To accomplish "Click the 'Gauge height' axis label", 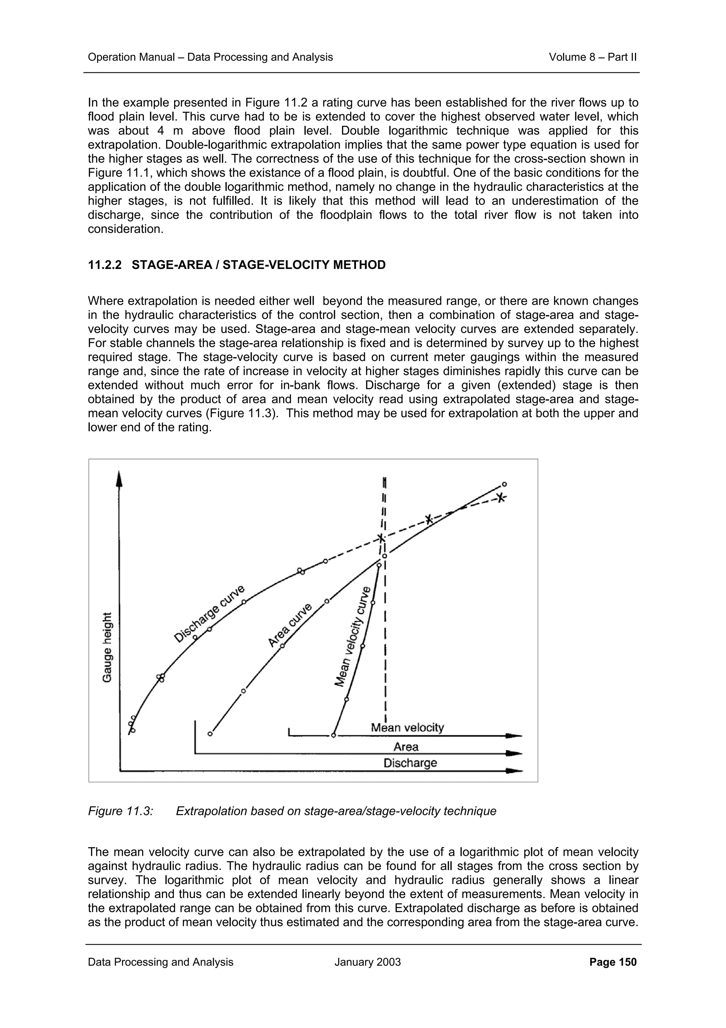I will [x=107, y=647].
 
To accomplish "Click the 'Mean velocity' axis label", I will [x=407, y=728].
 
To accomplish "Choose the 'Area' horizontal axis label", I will [x=406, y=746].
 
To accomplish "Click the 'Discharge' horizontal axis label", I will [x=410, y=763].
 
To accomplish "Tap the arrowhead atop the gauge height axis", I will [x=119, y=478].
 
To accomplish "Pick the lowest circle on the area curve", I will [x=210, y=734].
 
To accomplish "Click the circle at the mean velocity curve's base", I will [x=333, y=736].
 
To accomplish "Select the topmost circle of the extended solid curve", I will [x=504, y=484].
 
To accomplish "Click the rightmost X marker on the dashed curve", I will [x=501, y=497].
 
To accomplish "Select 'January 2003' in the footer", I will [x=367, y=962].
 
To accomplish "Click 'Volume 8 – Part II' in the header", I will [x=592, y=57].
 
